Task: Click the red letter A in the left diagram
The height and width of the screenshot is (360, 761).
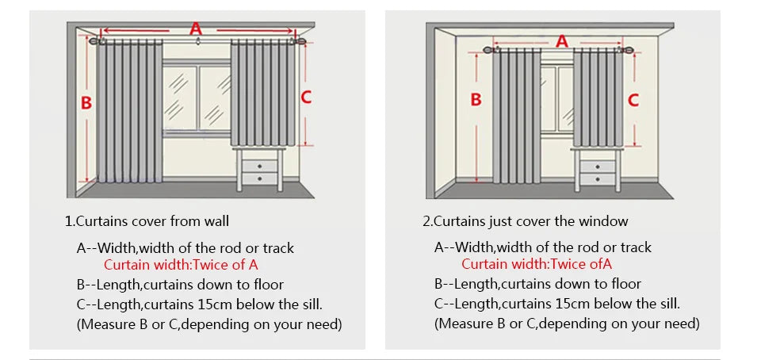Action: click(196, 29)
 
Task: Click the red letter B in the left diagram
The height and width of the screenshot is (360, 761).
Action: click(86, 103)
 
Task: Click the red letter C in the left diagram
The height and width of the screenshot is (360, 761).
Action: click(306, 98)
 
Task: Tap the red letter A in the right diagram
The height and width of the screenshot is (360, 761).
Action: click(561, 40)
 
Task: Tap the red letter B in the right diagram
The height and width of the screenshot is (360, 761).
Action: click(476, 100)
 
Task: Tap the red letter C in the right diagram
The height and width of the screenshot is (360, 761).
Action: click(633, 100)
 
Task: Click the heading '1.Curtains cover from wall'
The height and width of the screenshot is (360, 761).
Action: click(147, 221)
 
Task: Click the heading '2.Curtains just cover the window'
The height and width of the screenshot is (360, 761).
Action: click(525, 221)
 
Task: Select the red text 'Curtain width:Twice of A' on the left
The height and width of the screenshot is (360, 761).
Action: click(181, 265)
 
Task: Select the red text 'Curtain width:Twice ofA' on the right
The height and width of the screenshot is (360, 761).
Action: click(537, 265)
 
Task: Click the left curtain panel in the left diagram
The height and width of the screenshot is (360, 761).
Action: click(130, 111)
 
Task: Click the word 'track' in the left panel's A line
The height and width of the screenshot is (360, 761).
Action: click(274, 247)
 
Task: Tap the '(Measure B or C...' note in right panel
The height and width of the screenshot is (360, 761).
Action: click(567, 324)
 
